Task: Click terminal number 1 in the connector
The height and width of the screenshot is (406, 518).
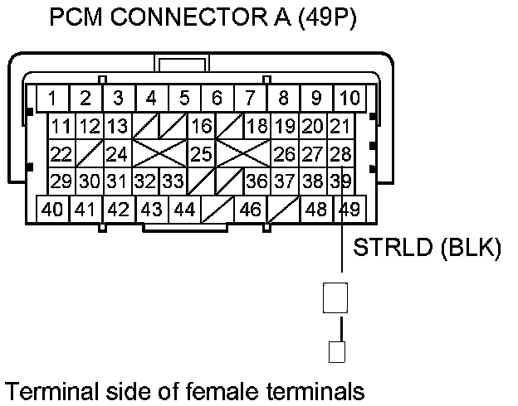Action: point(52,99)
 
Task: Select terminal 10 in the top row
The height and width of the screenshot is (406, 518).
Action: point(349,99)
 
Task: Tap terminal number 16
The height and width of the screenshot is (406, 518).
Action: point(200,127)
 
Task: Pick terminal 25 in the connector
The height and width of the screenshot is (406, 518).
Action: point(200,154)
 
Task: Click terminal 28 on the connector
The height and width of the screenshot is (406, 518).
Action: point(340,154)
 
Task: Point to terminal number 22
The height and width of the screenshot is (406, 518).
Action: point(60,154)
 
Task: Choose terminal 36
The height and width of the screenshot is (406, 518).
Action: point(257,181)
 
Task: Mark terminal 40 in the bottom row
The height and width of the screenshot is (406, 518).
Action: point(52,209)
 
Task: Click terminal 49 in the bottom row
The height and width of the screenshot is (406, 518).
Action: point(349,209)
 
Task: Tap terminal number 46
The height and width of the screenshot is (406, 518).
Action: point(250,209)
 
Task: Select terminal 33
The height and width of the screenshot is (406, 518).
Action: point(172,181)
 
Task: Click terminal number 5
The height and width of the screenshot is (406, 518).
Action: point(184,99)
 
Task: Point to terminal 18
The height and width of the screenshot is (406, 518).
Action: point(257,127)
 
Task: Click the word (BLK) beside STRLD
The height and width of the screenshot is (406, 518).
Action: point(474,249)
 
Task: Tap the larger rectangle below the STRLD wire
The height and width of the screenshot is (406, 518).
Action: point(335,297)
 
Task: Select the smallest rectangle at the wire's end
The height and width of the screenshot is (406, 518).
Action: point(335,352)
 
